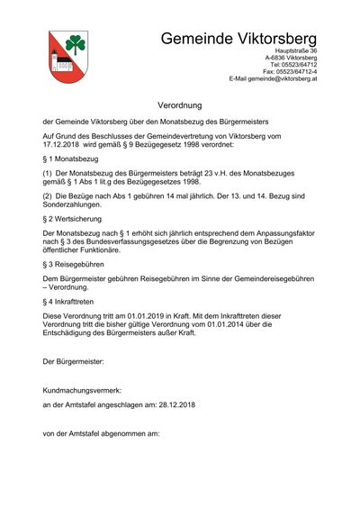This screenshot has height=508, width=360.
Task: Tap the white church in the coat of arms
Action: pos(60,64)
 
